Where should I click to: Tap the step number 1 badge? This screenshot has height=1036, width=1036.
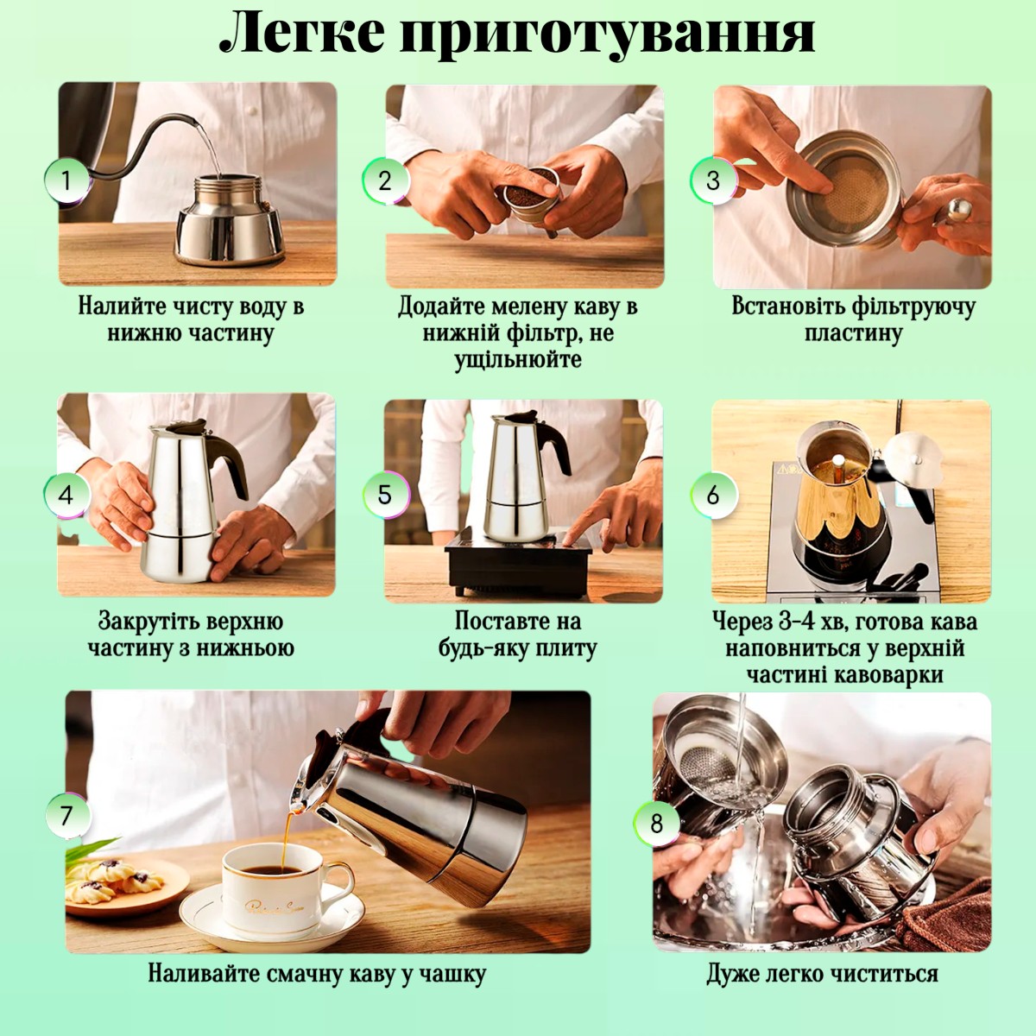66,180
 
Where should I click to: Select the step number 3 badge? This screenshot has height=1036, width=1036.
713,180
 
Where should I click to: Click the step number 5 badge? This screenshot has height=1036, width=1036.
385,495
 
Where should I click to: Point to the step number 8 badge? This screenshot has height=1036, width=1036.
656,824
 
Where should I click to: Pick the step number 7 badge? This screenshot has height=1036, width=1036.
66,816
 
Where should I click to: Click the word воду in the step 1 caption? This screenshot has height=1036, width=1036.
254,307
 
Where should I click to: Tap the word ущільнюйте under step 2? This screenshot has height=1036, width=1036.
518,359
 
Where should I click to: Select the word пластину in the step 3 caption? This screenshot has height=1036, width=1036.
853,333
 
